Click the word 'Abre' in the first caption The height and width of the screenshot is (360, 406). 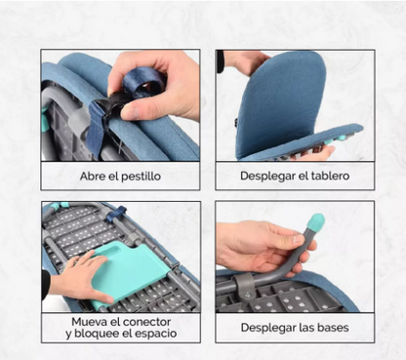click(x=94, y=177)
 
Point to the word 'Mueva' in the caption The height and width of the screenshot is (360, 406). click(x=92, y=321)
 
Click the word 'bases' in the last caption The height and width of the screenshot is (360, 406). click(x=328, y=327)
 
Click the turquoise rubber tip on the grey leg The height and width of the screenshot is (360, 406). click(x=316, y=223)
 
